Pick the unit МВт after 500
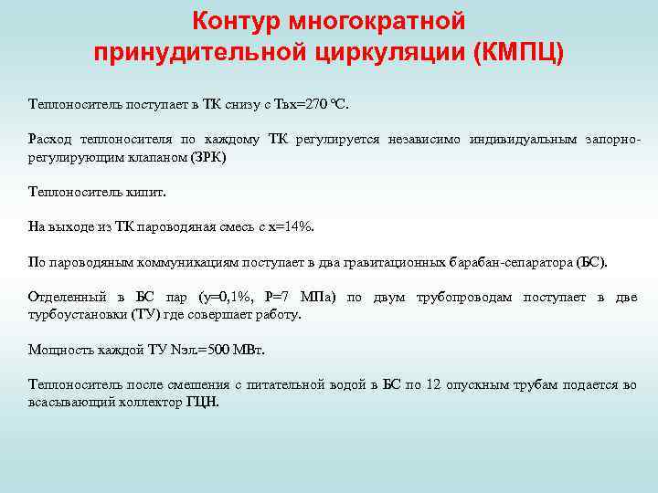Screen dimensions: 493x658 pyautogui.click(x=245, y=349)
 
